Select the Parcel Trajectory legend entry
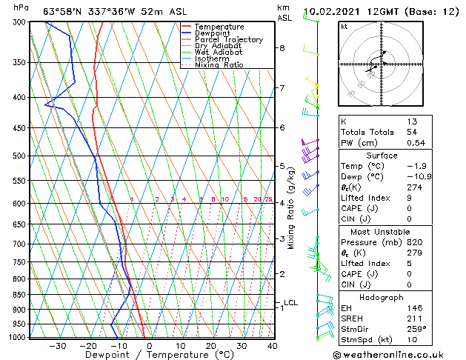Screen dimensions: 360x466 228,40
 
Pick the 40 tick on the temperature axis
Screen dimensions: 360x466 273,346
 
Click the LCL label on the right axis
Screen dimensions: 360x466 290,302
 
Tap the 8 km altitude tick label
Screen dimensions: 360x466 282,48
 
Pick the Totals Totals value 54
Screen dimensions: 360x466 412,132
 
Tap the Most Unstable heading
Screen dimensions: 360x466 381,231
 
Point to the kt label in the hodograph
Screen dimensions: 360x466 344,26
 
